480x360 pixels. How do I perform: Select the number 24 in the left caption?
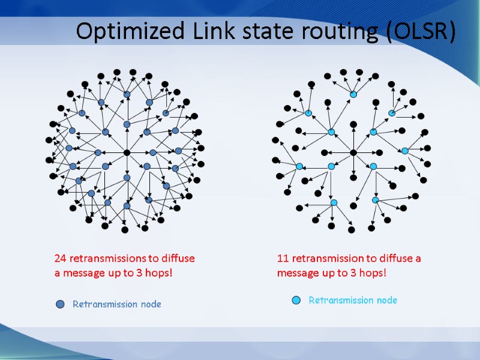click(60, 259)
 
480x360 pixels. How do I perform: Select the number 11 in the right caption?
click(283, 259)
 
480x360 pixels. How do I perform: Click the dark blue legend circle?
click(60, 304)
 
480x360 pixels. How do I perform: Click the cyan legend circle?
click(296, 300)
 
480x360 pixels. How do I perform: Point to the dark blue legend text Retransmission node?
click(117, 304)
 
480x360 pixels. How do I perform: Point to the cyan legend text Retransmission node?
click(353, 300)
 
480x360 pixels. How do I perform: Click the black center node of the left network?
click(127, 152)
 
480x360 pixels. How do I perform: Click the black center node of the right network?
click(353, 152)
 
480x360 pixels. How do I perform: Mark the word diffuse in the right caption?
click(397, 259)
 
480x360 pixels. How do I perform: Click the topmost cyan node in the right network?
click(353, 94)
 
